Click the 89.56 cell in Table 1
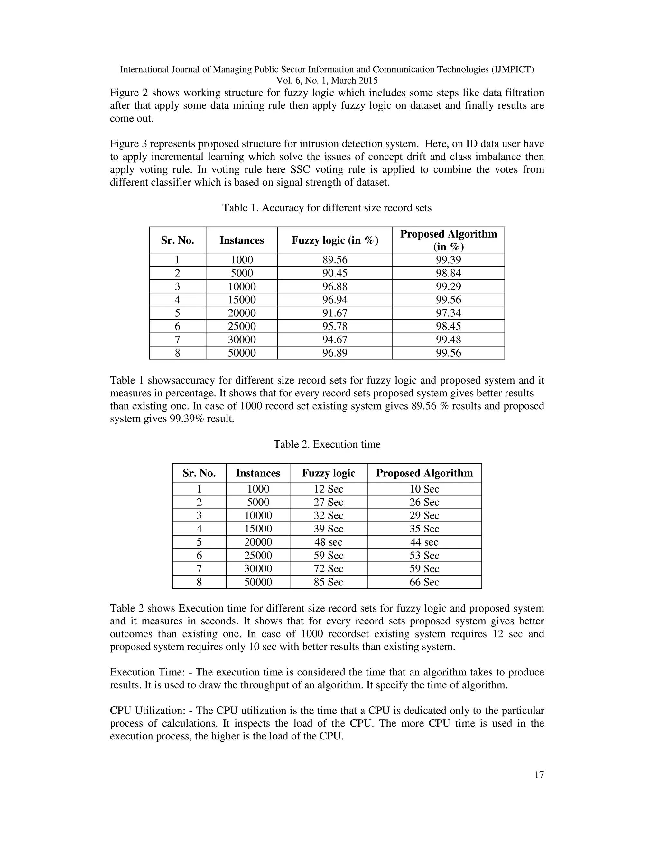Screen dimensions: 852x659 335,260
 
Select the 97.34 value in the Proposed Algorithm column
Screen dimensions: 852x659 448,313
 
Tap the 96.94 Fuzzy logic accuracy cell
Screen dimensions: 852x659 335,300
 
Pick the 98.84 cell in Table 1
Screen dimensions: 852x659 448,273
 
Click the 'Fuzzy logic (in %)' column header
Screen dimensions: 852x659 335,240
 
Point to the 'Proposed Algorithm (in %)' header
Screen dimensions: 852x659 448,240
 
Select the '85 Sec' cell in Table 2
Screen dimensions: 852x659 328,582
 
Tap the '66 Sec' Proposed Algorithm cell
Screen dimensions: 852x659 424,582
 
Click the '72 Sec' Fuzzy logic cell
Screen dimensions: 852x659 328,569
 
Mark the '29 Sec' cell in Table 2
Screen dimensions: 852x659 424,515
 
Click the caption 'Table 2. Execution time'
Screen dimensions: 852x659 327,444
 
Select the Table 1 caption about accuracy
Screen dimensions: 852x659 327,208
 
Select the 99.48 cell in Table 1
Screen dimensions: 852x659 448,340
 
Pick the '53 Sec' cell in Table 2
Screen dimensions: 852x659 424,556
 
